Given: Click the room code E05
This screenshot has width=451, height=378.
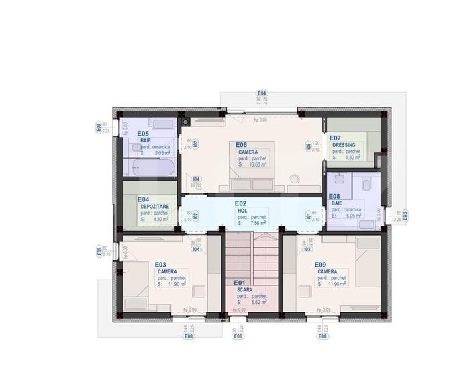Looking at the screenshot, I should pyautogui.click(x=142, y=134).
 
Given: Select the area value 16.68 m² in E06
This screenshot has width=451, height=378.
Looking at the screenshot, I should pyautogui.click(x=257, y=164).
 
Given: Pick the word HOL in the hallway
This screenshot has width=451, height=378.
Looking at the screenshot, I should pyautogui.click(x=242, y=210).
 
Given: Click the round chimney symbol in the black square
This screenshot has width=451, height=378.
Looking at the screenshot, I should pyautogui.click(x=185, y=122).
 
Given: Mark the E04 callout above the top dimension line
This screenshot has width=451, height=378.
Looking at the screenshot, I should pyautogui.click(x=262, y=93).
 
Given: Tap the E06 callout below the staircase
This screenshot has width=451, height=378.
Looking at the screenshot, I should pyautogui.click(x=237, y=336).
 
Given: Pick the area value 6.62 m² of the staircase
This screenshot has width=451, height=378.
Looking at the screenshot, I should pyautogui.click(x=257, y=302).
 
